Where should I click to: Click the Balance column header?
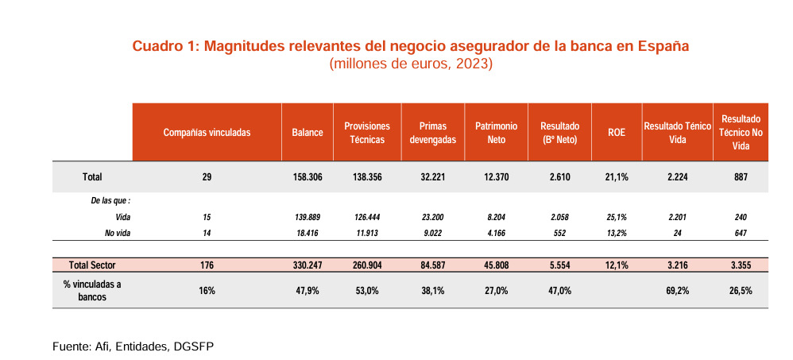(x=307, y=133)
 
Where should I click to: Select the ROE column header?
(x=617, y=133)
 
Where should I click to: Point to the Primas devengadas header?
(x=432, y=133)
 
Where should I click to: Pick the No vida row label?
(x=116, y=233)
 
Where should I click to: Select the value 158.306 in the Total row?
(x=307, y=176)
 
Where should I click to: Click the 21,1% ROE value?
(x=617, y=176)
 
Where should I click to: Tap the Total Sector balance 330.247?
(x=307, y=265)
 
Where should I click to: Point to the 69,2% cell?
(x=676, y=291)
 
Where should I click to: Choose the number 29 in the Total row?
(x=207, y=176)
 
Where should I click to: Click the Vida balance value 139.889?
(x=307, y=217)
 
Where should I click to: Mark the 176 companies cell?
(x=207, y=265)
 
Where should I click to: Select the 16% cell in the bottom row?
(x=207, y=291)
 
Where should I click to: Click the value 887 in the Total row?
(x=741, y=176)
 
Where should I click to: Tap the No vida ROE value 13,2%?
(x=617, y=233)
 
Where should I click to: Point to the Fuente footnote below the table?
(x=133, y=346)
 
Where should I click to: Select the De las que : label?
(x=110, y=201)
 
